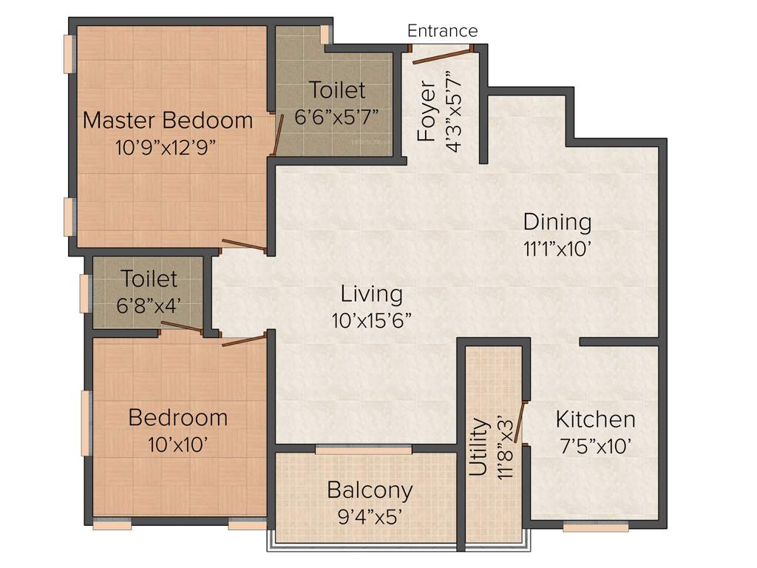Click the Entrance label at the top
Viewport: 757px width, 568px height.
tap(443, 31)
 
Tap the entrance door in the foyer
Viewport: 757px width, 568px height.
tap(441, 56)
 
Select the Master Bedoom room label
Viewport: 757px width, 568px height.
tap(168, 120)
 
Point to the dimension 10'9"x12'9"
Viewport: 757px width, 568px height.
tap(166, 146)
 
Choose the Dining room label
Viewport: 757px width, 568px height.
tap(557, 222)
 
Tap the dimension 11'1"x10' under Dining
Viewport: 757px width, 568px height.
tap(557, 248)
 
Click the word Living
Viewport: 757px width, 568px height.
tap(372, 294)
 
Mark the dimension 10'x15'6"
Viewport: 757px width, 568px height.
tap(372, 321)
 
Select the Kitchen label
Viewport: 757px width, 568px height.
tap(595, 420)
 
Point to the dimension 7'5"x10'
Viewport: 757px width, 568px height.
tap(595, 447)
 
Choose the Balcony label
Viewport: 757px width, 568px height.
tap(370, 490)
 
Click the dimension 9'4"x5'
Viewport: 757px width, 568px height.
tap(370, 517)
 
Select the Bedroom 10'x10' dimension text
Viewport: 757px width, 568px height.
tap(177, 444)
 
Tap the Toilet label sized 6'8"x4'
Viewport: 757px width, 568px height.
tap(149, 279)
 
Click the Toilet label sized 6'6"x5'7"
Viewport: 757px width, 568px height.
tap(337, 90)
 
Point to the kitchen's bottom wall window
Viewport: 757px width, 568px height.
tap(596, 527)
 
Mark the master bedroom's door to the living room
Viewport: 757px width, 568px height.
tap(244, 246)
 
